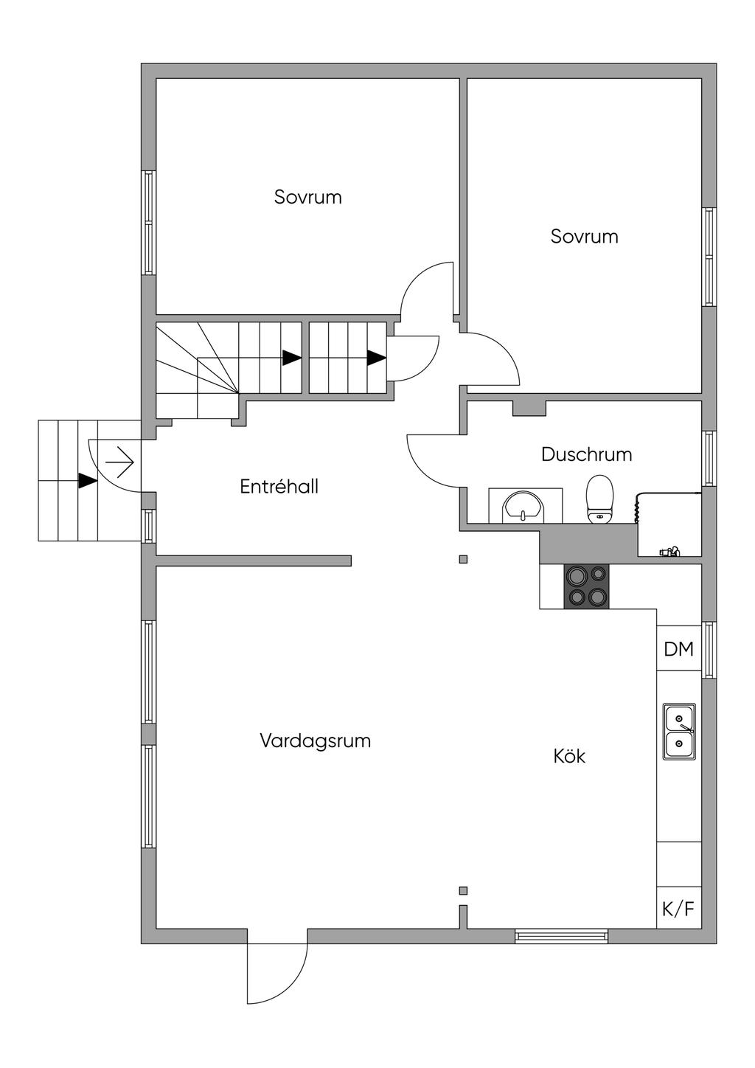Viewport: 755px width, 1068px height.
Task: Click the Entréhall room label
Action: (279, 487)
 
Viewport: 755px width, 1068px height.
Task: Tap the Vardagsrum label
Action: (315, 741)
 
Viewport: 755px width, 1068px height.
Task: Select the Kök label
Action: (569, 756)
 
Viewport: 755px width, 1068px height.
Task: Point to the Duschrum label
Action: (586, 454)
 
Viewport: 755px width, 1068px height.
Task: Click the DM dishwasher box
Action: (678, 649)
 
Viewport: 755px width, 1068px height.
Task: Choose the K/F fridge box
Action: (678, 909)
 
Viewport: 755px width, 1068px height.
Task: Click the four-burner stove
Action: (587, 586)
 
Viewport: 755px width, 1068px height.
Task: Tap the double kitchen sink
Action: (679, 732)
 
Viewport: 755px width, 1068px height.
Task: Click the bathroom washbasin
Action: (523, 507)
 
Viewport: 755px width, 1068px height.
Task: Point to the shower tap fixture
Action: (670, 550)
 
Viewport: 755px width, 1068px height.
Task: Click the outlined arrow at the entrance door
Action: (119, 463)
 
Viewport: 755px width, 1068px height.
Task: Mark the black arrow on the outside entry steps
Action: (88, 481)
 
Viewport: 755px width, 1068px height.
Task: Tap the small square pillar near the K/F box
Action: (463, 890)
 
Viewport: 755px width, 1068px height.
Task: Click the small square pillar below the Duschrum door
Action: (463, 559)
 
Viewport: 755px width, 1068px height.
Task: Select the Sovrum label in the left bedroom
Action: (307, 198)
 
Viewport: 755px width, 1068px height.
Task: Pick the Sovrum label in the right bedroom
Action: (584, 237)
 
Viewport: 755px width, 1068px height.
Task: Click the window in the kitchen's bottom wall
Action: (562, 937)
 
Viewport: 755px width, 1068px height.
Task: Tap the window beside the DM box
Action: (709, 649)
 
